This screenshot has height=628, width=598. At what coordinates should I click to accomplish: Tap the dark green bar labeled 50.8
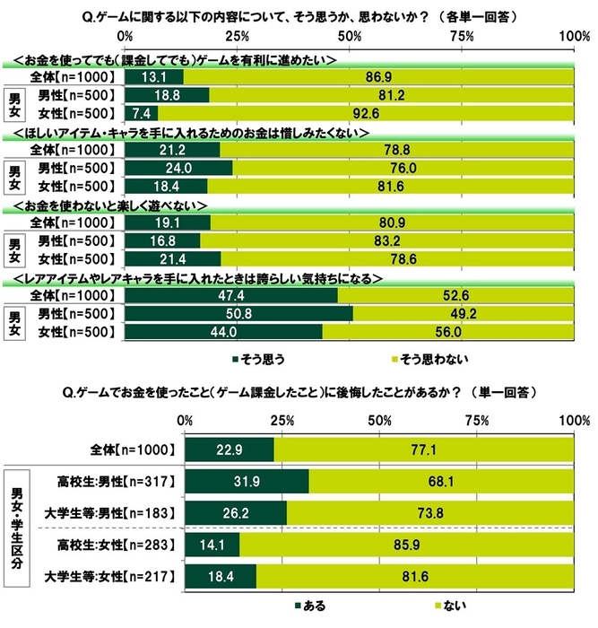pos(239,314)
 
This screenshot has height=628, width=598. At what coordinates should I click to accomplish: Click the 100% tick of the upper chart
pos(570,36)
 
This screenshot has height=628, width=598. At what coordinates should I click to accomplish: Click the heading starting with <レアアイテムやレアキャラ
pos(197,279)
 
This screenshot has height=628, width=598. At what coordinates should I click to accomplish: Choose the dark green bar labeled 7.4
pos(142,113)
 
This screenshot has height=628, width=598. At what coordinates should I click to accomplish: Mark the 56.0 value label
pos(443,332)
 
